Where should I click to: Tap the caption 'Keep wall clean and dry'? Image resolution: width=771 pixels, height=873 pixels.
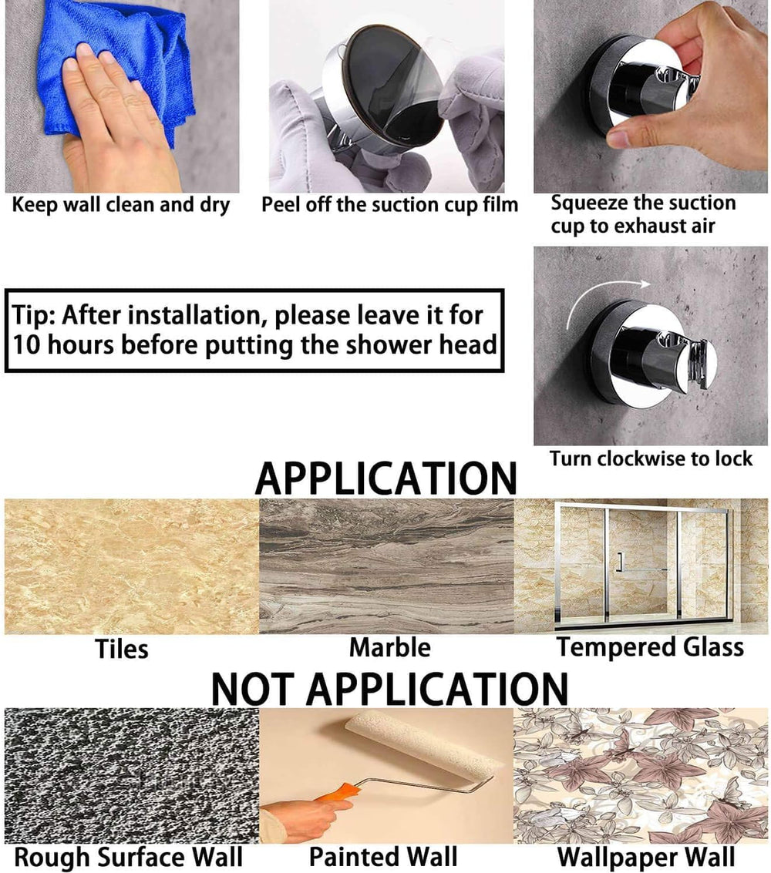pyautogui.click(x=121, y=205)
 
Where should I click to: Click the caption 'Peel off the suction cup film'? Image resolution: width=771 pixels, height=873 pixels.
pyautogui.click(x=389, y=205)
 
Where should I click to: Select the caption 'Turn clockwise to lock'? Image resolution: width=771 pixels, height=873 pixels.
pyautogui.click(x=651, y=458)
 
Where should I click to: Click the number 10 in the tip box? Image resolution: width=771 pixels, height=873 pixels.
pyautogui.click(x=27, y=344)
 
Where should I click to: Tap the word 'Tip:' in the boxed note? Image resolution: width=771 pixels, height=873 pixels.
pyautogui.click(x=33, y=315)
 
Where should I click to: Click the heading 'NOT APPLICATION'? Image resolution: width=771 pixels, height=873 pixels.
pyautogui.click(x=389, y=690)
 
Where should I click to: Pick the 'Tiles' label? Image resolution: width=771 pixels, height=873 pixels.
pyautogui.click(x=122, y=650)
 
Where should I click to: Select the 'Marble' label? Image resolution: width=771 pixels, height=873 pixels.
pyautogui.click(x=390, y=647)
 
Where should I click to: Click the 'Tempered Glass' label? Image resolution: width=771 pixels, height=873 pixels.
pyautogui.click(x=650, y=647)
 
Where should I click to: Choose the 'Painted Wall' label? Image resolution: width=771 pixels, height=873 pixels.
pyautogui.click(x=383, y=857)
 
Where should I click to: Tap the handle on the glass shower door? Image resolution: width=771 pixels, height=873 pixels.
pyautogui.click(x=619, y=563)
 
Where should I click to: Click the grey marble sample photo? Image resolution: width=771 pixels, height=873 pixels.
pyautogui.click(x=386, y=566)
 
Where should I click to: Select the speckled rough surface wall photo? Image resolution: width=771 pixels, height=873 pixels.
pyautogui.click(x=132, y=776)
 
